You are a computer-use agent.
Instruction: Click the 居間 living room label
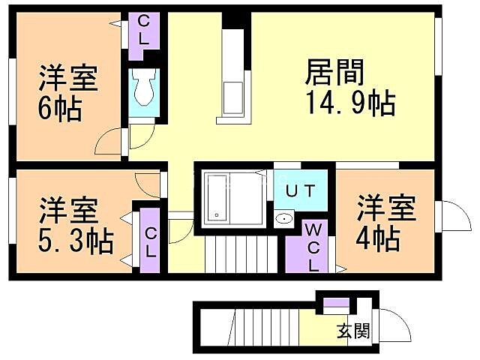click(x=334, y=73)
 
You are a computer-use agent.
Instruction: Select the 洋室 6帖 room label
click(x=68, y=78)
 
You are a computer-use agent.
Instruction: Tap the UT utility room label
click(x=299, y=190)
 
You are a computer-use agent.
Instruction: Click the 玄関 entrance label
click(x=351, y=330)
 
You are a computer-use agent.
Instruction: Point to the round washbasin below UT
click(x=284, y=220)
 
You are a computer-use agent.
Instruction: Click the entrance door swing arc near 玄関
click(x=393, y=325)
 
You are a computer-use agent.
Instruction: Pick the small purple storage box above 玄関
click(x=336, y=303)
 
